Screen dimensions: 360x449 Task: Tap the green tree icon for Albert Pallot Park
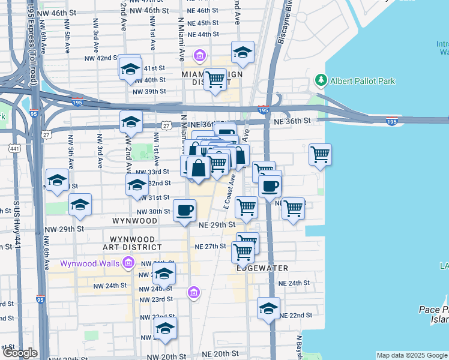(321, 80)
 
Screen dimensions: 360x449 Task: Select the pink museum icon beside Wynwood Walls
(128, 263)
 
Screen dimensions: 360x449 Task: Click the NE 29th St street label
(214, 224)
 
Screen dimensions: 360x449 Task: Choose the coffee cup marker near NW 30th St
(184, 211)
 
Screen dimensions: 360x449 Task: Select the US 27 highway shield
(166, 125)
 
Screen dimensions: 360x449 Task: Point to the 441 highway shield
(13, 148)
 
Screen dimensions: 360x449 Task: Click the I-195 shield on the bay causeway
(391, 122)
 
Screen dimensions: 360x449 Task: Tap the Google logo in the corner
(20, 353)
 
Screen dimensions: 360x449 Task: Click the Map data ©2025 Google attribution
(411, 355)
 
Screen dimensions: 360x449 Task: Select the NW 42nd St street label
(98, 58)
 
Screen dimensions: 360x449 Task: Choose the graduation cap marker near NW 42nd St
(130, 68)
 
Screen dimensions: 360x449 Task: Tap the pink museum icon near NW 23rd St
(193, 293)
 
